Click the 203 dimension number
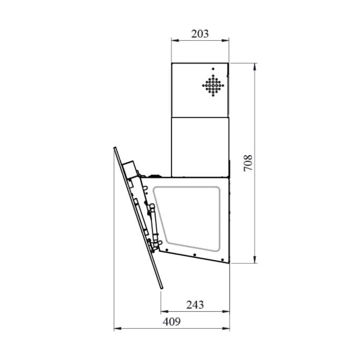(x=200, y=34)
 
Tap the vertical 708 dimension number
(x=248, y=163)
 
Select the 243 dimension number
(x=195, y=305)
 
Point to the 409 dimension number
(x=172, y=322)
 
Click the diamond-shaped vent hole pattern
(x=213, y=85)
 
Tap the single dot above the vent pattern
(x=213, y=69)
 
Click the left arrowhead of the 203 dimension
(x=175, y=41)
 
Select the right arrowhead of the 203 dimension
(x=225, y=41)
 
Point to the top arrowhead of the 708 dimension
(x=255, y=67)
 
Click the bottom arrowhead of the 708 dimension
(x=255, y=259)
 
